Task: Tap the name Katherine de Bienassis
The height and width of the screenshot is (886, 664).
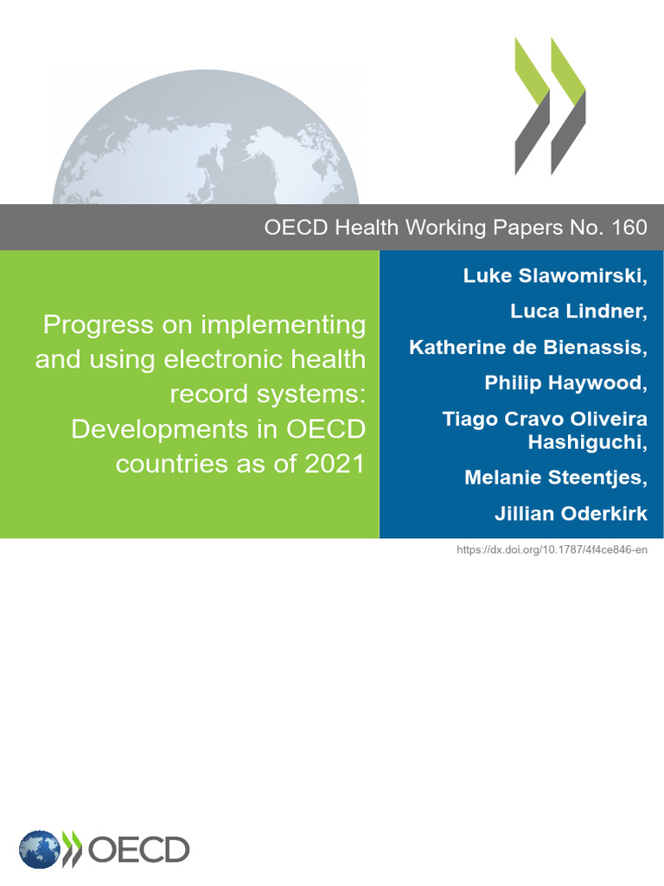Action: [527, 347]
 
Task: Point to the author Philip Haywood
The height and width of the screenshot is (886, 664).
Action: [565, 382]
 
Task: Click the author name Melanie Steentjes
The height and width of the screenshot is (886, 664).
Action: [555, 477]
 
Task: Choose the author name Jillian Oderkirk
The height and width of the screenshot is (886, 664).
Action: [571, 513]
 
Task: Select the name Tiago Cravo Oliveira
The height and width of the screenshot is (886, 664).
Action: [545, 419]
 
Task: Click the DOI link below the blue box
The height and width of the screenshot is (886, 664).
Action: [552, 550]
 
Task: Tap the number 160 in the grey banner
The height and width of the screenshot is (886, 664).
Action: [629, 228]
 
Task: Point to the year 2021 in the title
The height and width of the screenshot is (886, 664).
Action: [335, 464]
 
